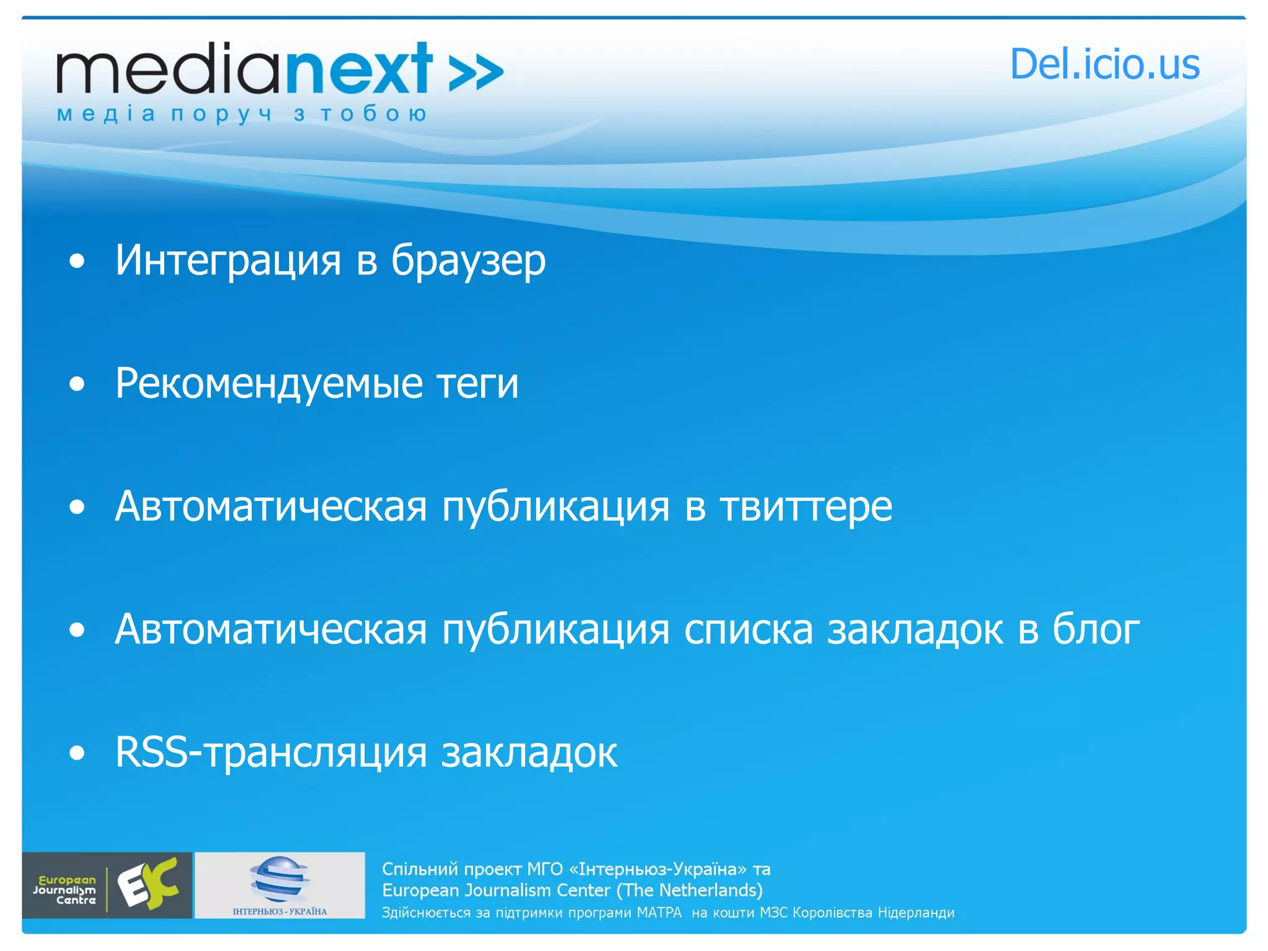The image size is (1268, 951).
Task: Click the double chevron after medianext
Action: (475, 73)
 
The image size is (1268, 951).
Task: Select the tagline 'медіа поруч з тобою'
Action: (241, 114)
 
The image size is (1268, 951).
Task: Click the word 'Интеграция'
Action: (228, 260)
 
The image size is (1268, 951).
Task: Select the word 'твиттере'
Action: (806, 507)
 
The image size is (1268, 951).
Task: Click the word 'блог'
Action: (1096, 630)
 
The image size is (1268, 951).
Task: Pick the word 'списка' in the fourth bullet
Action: (748, 630)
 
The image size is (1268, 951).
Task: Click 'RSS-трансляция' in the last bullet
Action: (271, 753)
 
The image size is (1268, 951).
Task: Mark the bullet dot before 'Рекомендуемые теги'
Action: (77, 384)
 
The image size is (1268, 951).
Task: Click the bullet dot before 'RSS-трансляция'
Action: (77, 753)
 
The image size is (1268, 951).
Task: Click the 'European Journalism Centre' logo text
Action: (65, 890)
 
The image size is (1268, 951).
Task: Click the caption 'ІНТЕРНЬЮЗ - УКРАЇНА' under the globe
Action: (279, 911)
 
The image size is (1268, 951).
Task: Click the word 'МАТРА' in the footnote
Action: (659, 913)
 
